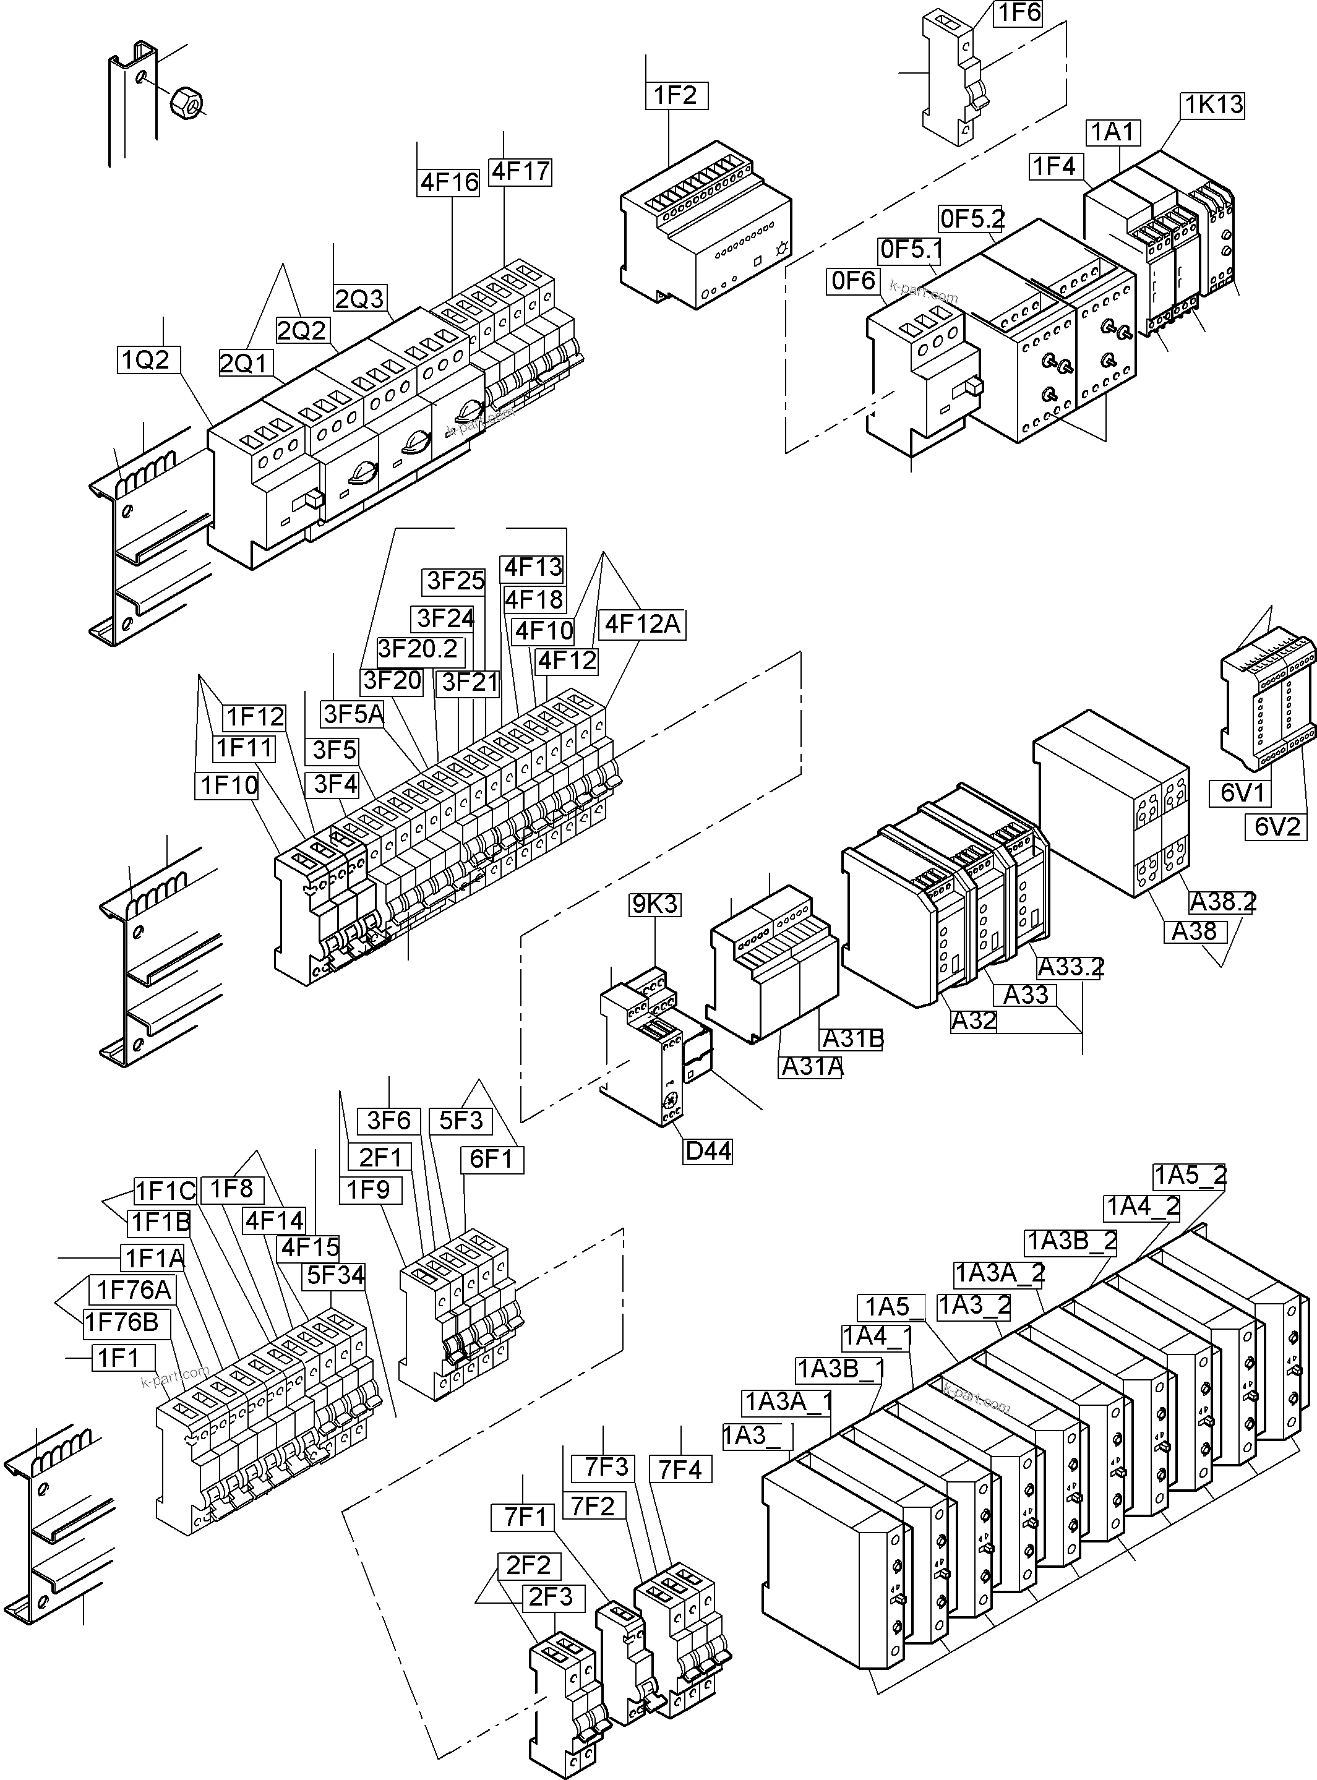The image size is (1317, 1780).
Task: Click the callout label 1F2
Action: (x=676, y=96)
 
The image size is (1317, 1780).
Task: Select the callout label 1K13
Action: (x=1212, y=105)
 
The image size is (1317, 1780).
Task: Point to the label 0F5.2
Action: (x=972, y=218)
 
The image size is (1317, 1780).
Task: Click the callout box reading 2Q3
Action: (x=359, y=299)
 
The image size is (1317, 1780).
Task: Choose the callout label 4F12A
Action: (x=643, y=624)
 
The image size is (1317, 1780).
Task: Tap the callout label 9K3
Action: (x=655, y=905)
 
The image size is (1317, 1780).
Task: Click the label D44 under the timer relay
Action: (x=708, y=1151)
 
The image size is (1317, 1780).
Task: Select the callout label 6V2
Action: (x=1276, y=827)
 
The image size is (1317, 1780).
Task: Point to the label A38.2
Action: (x=1222, y=902)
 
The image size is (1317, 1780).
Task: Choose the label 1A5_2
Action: (x=1190, y=1175)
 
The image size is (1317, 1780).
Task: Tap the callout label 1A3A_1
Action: (x=787, y=1401)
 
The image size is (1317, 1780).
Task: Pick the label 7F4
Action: (x=680, y=1469)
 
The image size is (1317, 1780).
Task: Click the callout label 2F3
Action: (x=551, y=1598)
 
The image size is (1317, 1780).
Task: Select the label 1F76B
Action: (x=122, y=1322)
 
